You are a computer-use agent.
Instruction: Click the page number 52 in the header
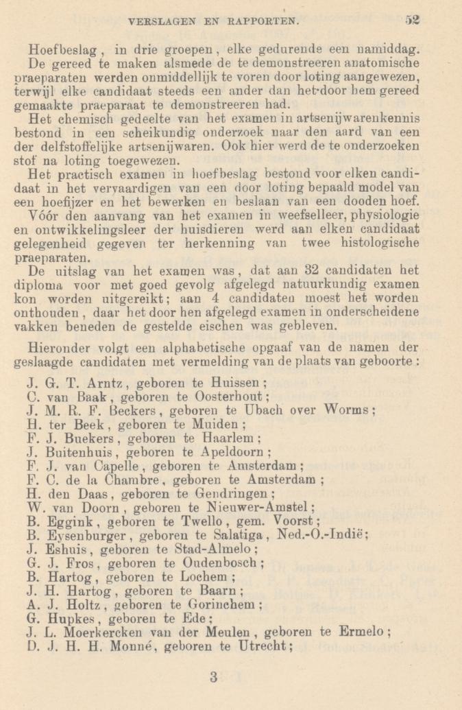pyautogui.click(x=411, y=20)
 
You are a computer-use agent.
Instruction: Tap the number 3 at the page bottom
pyautogui.click(x=215, y=677)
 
